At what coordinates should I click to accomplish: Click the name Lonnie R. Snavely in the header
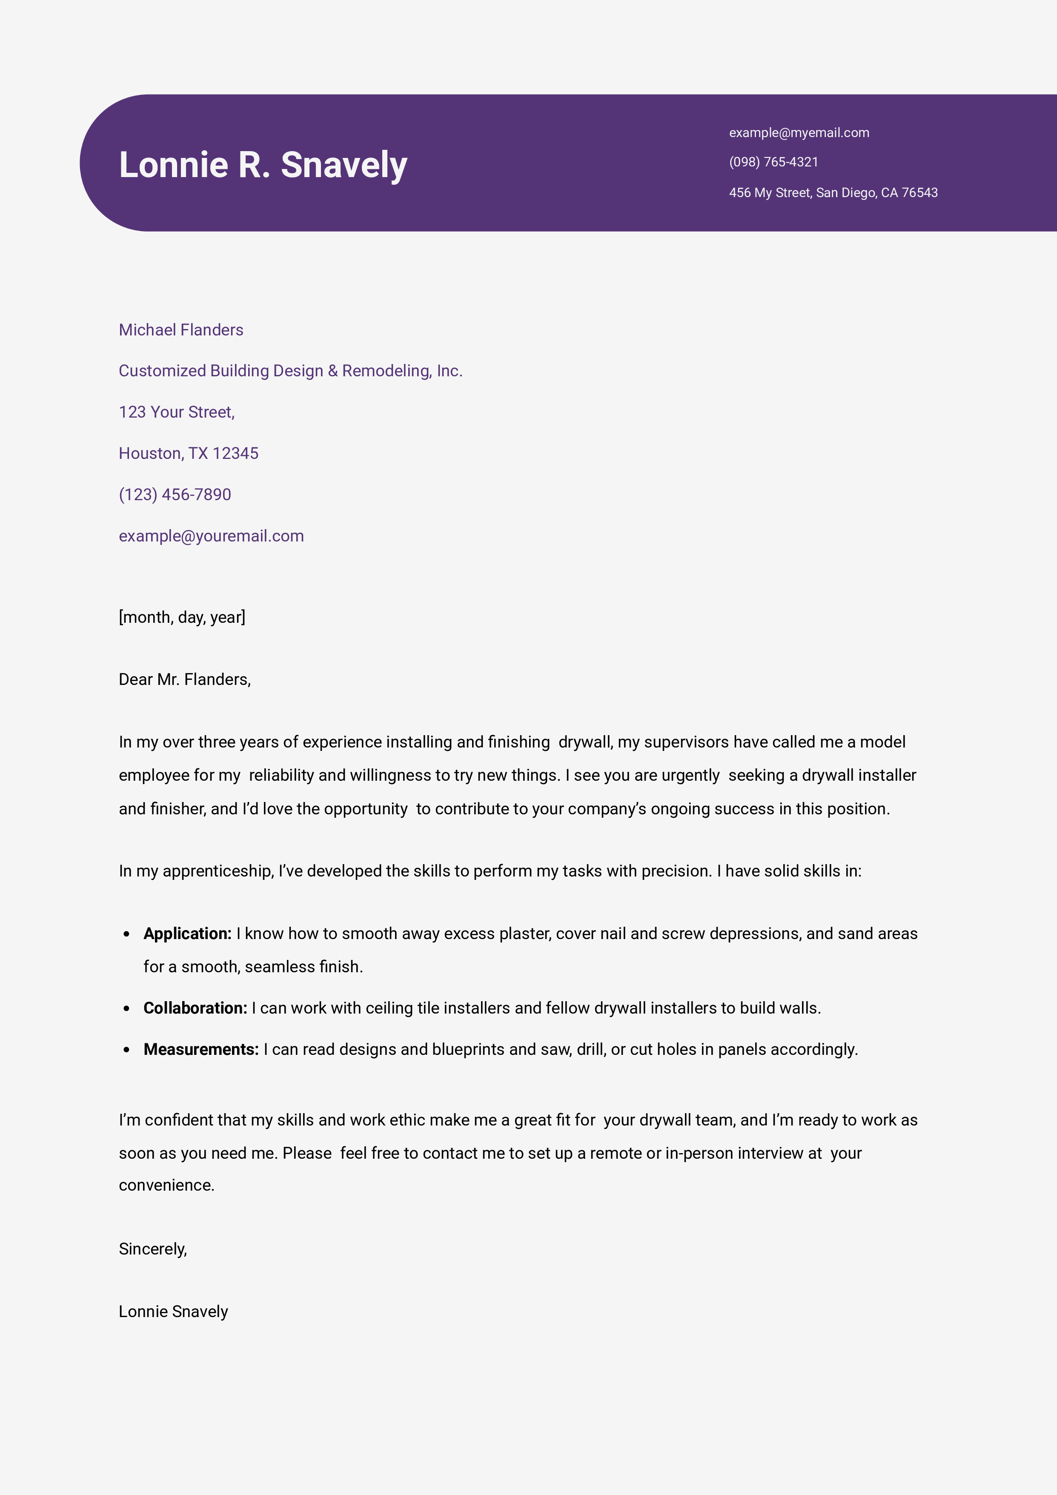[263, 165]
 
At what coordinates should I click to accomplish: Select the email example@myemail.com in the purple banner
[799, 133]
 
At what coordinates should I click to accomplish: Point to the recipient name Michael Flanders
[180, 330]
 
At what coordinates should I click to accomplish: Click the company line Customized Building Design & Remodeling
[290, 371]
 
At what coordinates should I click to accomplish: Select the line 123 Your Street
[177, 412]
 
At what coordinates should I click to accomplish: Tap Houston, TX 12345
[188, 453]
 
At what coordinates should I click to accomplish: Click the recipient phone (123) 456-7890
[175, 495]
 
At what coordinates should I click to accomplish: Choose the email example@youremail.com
[211, 536]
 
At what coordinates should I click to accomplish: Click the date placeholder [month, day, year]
[182, 617]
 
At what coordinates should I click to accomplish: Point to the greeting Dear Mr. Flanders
[184, 680]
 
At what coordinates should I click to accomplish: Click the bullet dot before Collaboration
[126, 1008]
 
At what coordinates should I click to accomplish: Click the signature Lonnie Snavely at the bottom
[173, 1312]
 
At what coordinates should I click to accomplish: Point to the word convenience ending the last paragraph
[166, 1185]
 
